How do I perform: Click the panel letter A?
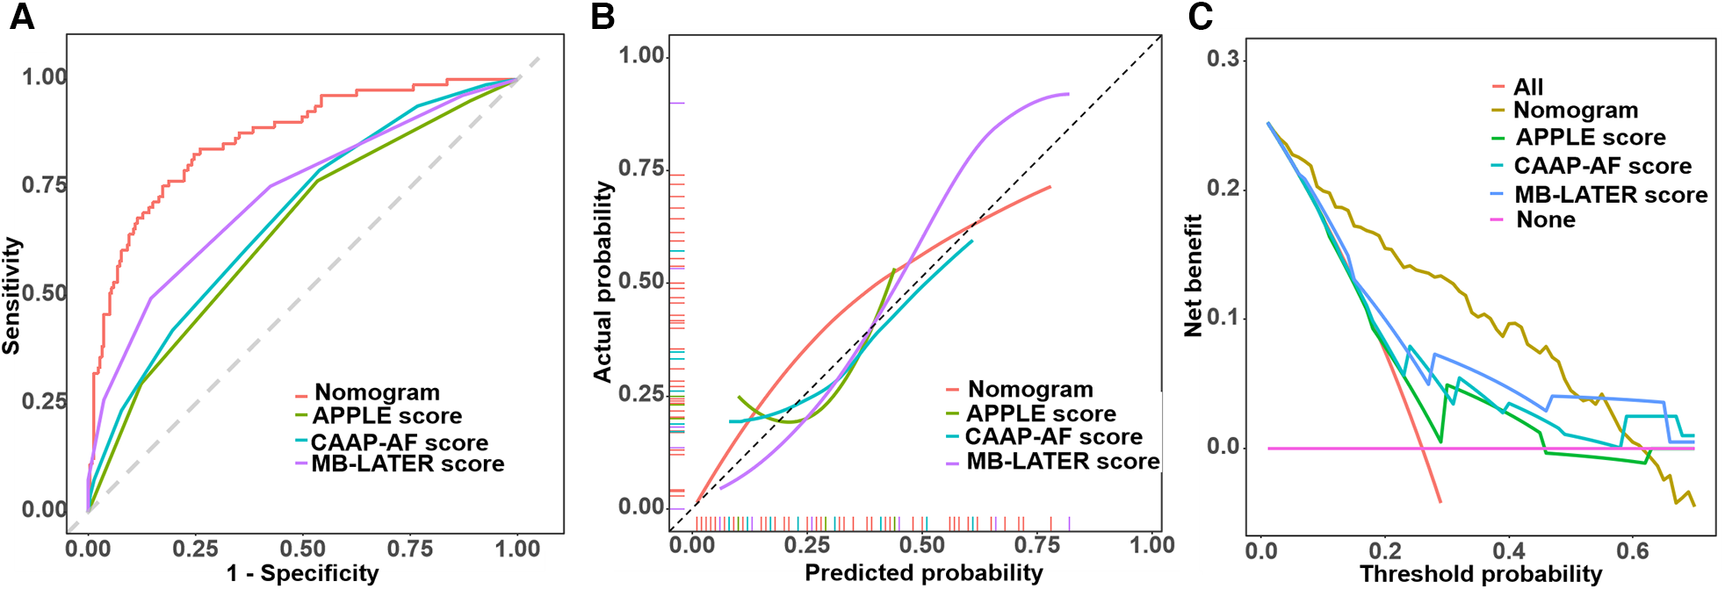coord(22,16)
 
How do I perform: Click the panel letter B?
coord(603,16)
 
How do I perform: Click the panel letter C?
coord(1201,16)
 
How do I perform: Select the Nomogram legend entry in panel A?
coord(377,392)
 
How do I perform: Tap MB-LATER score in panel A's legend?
coord(408,463)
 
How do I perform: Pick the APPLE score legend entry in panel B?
coord(1041,413)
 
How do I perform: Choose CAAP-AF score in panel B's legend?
coord(1053,436)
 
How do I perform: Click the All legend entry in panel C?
coord(1528,87)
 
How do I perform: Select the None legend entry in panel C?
coord(1546,219)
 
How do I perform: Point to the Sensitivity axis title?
coord(11,296)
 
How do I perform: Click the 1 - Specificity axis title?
coord(303,573)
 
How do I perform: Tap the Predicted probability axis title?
coord(924,573)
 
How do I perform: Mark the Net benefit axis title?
coord(1193,276)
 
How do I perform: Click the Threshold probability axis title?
coord(1481,574)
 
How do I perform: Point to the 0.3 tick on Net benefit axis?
coord(1223,59)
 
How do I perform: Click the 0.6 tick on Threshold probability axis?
coord(1633,551)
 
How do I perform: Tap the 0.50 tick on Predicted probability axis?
coord(922,545)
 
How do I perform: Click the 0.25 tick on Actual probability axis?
coord(640,394)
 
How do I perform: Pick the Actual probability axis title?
coord(603,282)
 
